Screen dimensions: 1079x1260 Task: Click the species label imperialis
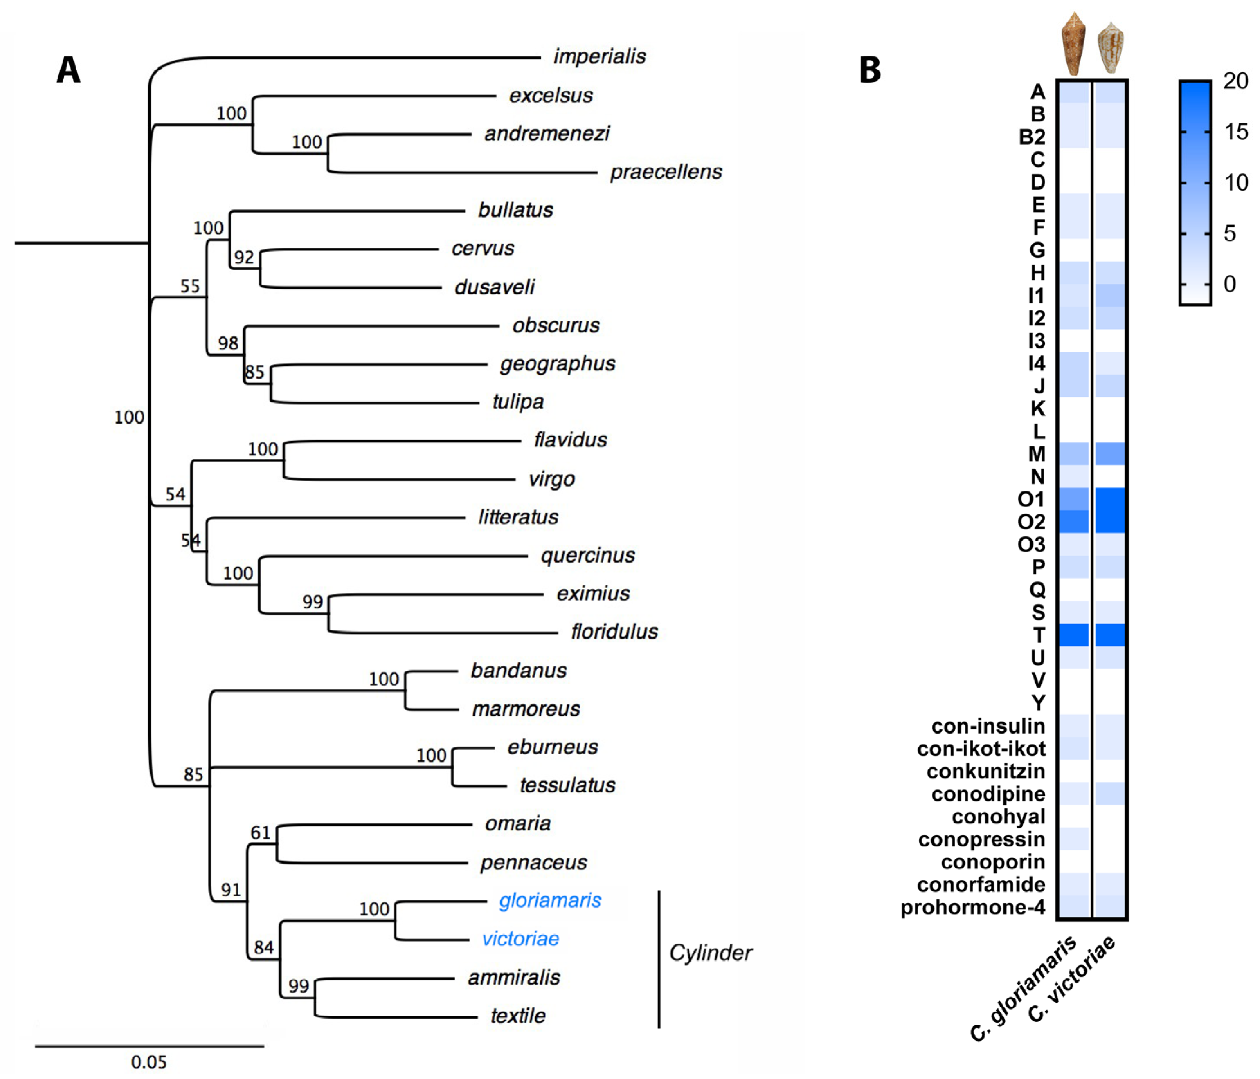(x=599, y=56)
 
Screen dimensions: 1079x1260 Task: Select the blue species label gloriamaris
(x=550, y=900)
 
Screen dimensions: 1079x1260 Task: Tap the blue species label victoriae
(x=520, y=939)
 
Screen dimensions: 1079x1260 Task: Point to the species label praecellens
(x=666, y=172)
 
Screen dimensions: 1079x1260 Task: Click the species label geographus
(x=557, y=363)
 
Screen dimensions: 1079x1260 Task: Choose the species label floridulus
(x=614, y=632)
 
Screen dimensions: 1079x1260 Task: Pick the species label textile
(x=518, y=1015)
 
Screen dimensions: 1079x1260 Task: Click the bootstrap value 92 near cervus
(x=244, y=257)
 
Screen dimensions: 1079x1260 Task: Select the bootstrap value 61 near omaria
(x=260, y=832)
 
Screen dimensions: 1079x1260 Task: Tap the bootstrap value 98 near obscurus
(x=228, y=343)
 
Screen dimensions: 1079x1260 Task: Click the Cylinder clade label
(x=710, y=953)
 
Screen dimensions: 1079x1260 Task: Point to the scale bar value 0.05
(x=148, y=1061)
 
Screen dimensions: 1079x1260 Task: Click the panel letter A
(x=68, y=70)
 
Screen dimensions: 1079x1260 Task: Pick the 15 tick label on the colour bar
(x=1235, y=132)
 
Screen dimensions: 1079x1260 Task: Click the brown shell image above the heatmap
(x=1073, y=44)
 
